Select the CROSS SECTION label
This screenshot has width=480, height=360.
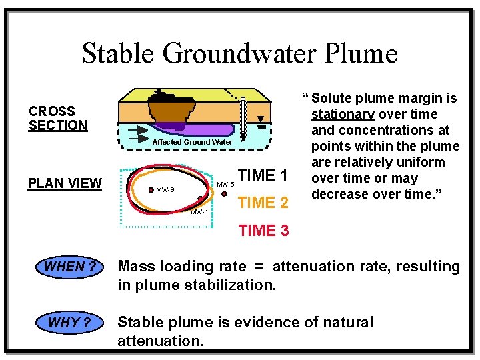[x=57, y=118]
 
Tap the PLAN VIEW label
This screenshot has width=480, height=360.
[x=65, y=183]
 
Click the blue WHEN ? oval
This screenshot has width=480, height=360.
[x=71, y=267]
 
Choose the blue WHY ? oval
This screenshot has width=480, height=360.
[x=71, y=323]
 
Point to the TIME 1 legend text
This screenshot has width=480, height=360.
[x=263, y=176]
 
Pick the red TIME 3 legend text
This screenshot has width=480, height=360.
[x=263, y=231]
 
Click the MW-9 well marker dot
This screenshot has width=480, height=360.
[x=151, y=190]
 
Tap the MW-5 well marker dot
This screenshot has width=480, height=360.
[x=225, y=194]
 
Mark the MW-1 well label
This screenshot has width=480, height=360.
[x=199, y=212]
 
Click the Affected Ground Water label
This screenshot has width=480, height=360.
[x=193, y=142]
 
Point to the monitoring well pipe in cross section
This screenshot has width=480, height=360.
[x=243, y=117]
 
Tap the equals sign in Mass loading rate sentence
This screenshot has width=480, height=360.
[x=259, y=267]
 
